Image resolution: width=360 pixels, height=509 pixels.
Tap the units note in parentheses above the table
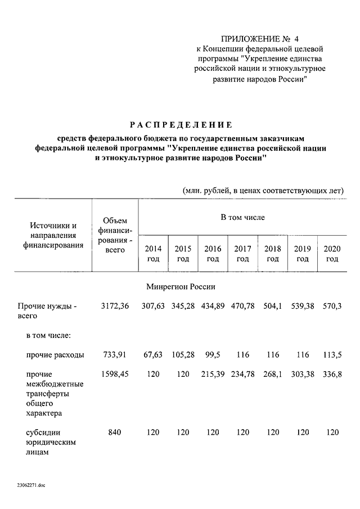tap(263, 190)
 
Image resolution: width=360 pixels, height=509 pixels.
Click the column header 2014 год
tap(153, 254)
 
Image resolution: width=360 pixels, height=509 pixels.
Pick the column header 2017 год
tap(242, 254)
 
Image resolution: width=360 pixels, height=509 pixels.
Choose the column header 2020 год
tap(332, 254)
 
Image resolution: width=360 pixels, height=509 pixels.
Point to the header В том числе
tap(242, 217)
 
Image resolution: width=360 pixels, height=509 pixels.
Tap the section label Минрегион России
tap(181, 286)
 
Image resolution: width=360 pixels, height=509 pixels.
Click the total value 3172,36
tap(115, 306)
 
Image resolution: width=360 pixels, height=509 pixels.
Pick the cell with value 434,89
tap(213, 306)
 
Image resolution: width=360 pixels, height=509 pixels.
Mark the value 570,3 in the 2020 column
tap(332, 306)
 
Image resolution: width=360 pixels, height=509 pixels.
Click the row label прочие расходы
tap(56, 355)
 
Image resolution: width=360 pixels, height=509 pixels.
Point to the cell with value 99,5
tap(213, 355)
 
